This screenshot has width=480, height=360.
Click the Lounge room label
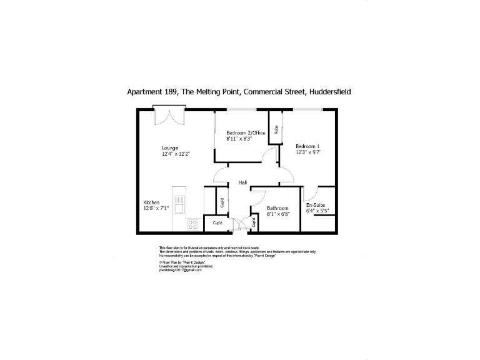[x=170, y=148]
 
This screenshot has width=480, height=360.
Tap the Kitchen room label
[x=152, y=202]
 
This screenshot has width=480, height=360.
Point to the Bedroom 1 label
[x=307, y=146]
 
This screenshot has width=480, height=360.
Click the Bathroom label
[x=277, y=208]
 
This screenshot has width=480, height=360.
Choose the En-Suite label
[x=314, y=206]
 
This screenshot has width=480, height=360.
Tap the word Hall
[x=242, y=182]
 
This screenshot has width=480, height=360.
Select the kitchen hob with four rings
[x=193, y=223]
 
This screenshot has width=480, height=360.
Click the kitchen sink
[x=179, y=203]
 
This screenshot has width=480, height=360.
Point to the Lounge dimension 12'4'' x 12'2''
[x=176, y=154]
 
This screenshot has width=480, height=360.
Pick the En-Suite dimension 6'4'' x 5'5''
[x=317, y=211]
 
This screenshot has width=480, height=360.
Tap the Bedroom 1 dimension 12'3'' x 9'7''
[x=309, y=152]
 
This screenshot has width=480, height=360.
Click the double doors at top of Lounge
[x=169, y=116]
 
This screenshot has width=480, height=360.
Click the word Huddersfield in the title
[x=329, y=91]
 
